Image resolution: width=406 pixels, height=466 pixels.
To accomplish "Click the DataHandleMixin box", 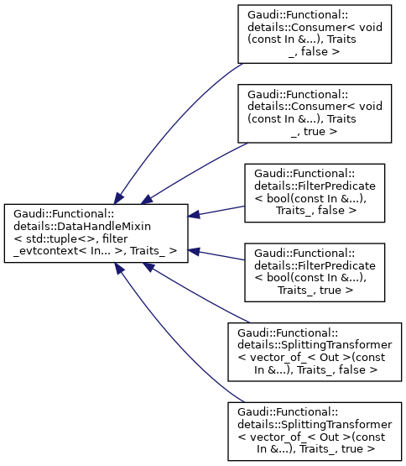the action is [x=96, y=233].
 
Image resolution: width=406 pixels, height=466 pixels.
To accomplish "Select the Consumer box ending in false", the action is [x=315, y=34].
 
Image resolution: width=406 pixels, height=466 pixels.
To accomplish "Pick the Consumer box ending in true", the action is [x=315, y=113].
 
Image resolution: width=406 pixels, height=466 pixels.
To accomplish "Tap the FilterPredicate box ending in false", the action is [x=315, y=193].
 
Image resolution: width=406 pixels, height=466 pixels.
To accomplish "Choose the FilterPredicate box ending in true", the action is [x=315, y=273].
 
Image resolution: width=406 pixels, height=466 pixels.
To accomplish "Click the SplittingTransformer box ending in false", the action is [x=315, y=352].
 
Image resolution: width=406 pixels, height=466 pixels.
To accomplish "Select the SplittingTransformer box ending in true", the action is [x=315, y=432].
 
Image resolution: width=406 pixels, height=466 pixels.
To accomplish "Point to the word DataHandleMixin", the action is [x=104, y=227].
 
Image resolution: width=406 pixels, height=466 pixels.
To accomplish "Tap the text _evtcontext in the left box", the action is [x=46, y=251].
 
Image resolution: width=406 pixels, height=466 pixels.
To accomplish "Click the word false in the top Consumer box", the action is [x=315, y=52].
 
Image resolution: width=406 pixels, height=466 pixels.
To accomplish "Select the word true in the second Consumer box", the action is [x=315, y=131].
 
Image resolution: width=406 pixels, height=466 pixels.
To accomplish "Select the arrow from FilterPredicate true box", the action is [x=216, y=255].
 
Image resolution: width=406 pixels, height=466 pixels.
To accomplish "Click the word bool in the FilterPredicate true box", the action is [x=278, y=278].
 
